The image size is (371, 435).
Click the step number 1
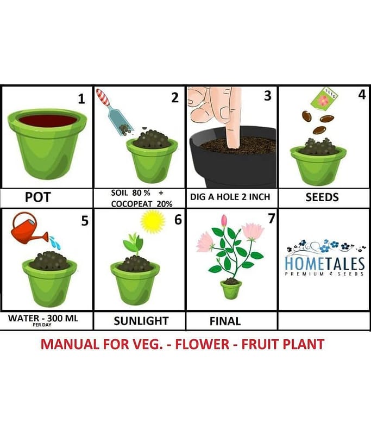coord(81,99)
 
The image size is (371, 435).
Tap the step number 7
coord(271,219)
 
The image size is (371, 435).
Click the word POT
coord(37,197)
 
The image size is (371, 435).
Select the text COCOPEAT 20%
coord(142,204)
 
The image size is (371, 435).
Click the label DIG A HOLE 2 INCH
coord(230,197)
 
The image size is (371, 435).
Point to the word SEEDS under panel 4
coord(322,197)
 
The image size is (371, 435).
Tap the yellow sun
coord(153,221)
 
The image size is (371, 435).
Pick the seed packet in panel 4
coord(324,98)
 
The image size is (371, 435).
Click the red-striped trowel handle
coord(103,97)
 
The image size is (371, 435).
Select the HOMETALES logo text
coord(325,264)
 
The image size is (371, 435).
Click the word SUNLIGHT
coord(141,321)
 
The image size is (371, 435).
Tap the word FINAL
coord(225,321)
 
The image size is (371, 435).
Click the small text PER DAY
coord(42,325)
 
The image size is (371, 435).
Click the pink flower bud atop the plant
coord(224,221)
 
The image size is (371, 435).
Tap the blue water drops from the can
coord(55,242)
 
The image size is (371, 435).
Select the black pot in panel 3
coord(232,157)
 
